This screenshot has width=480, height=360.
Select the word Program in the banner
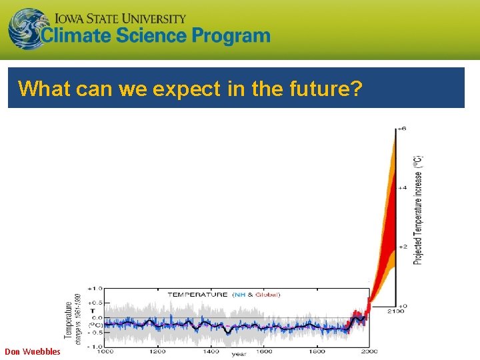[231, 36]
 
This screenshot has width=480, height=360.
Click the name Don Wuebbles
[32, 351]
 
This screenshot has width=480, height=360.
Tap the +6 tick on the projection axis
[402, 128]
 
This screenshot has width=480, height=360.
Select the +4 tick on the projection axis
[402, 187]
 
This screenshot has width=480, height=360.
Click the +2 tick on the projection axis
[402, 246]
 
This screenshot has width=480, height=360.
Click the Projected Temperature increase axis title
[418, 209]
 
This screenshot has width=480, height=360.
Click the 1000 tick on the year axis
[104, 351]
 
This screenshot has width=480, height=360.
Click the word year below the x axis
[239, 355]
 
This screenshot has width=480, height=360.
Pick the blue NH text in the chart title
[238, 295]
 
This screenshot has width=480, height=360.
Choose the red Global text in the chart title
[267, 295]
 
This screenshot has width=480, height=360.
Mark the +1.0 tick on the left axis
[94, 289]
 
